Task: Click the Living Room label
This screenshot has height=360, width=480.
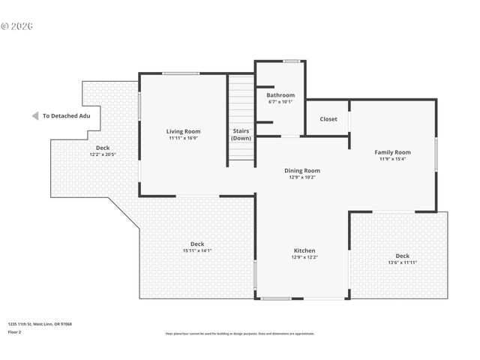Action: coord(183,131)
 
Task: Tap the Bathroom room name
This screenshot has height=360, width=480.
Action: coord(281,95)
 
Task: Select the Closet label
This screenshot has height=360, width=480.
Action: coord(328,118)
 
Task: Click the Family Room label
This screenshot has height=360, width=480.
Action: coord(393,152)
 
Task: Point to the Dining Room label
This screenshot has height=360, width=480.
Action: coord(302,170)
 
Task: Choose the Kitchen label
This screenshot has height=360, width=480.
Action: coord(304,250)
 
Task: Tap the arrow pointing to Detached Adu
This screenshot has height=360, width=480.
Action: coord(34,115)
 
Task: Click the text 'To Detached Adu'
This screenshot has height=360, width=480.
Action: coord(66,115)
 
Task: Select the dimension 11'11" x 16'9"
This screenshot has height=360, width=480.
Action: coord(183,138)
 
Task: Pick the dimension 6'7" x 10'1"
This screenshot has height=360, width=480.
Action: coord(281,102)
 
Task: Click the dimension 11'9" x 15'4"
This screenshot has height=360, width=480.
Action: coord(393,159)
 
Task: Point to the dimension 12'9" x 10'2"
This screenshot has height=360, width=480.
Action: coord(302,177)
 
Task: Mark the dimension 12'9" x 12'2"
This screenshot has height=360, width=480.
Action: coord(304,257)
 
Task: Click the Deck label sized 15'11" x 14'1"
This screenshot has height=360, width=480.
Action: coord(197,244)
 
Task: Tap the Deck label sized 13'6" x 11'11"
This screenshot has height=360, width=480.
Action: coord(403,256)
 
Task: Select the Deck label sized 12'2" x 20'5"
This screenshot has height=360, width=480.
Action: coord(103,148)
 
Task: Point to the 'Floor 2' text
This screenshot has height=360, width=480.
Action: coord(15,331)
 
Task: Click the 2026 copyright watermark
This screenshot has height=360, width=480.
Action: coord(17,25)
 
